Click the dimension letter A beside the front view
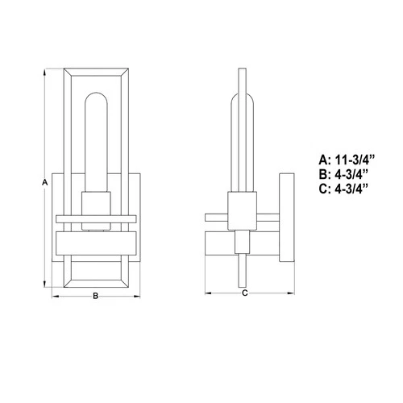click(x=44, y=183)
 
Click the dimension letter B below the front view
click(x=96, y=296)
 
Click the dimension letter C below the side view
click(x=244, y=293)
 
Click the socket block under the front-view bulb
click(x=96, y=203)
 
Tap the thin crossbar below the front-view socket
click(x=96, y=218)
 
